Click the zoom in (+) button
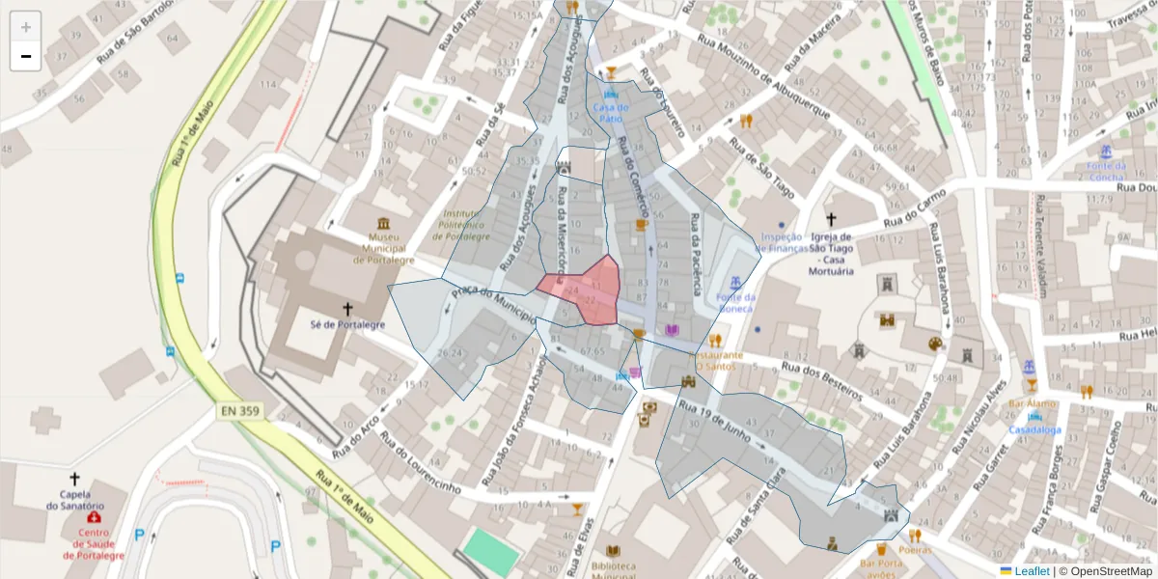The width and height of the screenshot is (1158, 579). (25, 27)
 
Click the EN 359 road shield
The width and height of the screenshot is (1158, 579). (240, 411)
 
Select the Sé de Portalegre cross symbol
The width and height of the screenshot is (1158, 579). (348, 309)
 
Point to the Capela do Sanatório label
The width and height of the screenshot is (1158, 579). (74, 499)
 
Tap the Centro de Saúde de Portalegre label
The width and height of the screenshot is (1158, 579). (94, 544)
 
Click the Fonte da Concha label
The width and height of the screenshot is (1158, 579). (1106, 171)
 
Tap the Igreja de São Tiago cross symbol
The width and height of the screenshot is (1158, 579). (832, 220)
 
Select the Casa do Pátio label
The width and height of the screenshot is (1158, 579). (611, 112)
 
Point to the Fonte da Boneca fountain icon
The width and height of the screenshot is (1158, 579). (735, 282)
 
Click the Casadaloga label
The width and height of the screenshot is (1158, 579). (1035, 429)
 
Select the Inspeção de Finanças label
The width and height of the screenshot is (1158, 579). (781, 242)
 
